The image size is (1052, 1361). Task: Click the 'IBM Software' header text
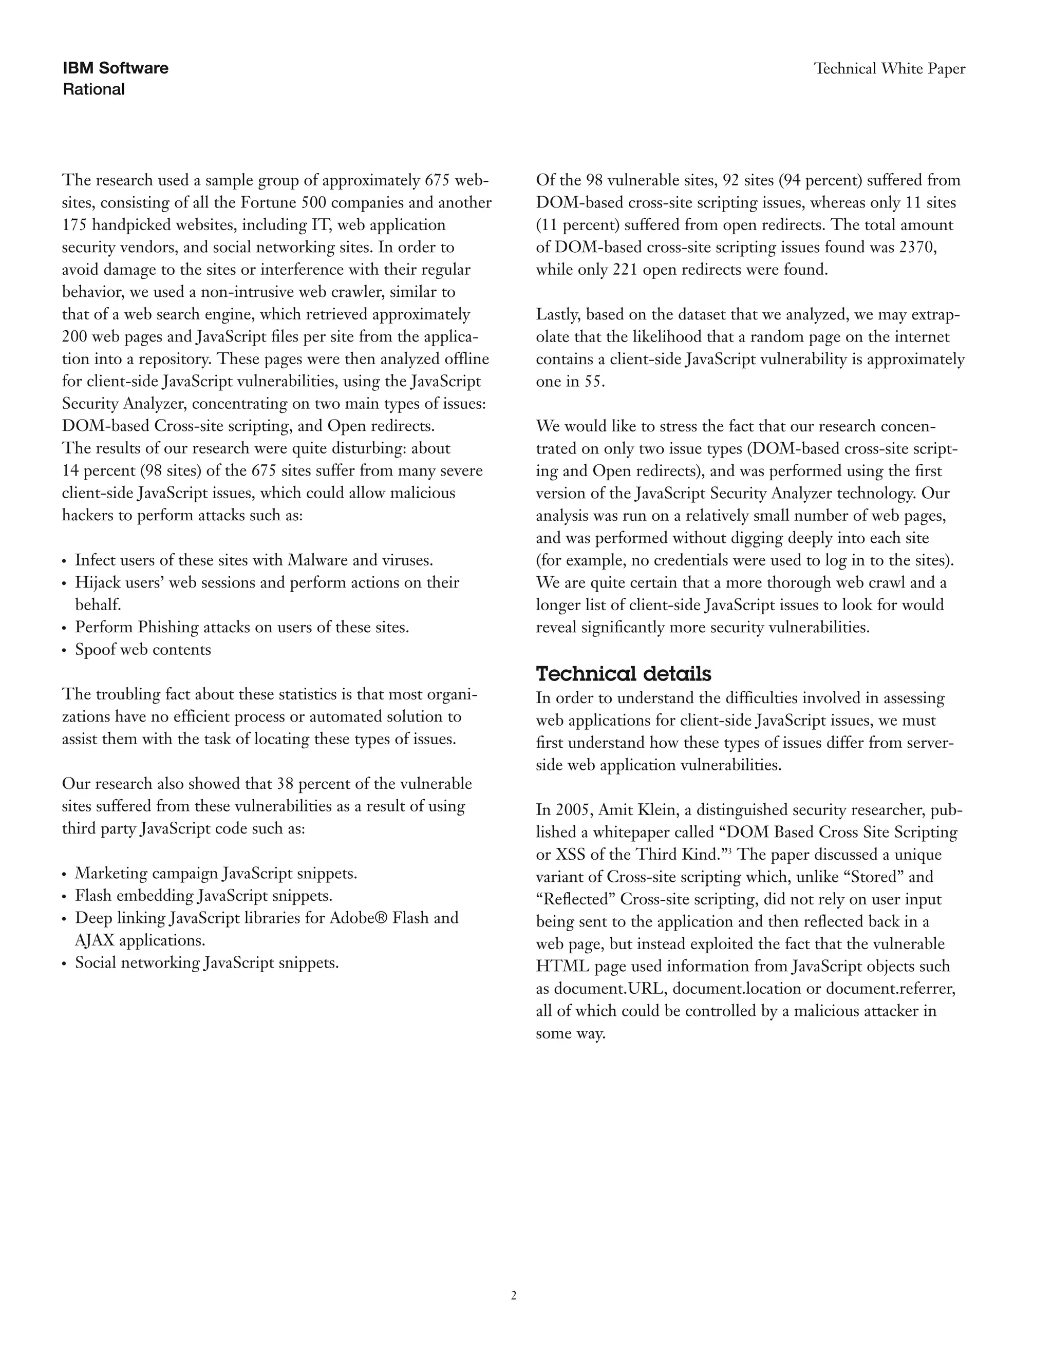click(x=115, y=68)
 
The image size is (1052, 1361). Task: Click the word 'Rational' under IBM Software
click(x=93, y=89)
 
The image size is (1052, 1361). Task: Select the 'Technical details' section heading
click(x=623, y=674)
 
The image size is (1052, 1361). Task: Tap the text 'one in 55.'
click(x=570, y=382)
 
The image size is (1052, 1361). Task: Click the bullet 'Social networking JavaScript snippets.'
click(x=206, y=963)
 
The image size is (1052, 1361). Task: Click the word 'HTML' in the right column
click(x=559, y=966)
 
